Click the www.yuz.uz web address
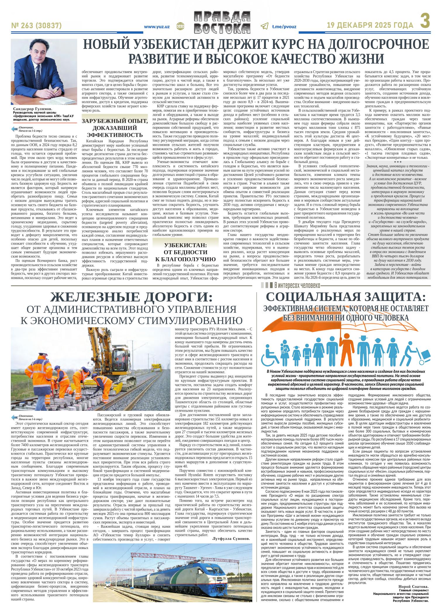pos(157,26)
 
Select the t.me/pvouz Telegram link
pos(284,26)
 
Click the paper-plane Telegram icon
pos(264,26)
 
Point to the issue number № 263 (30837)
pos(36,26)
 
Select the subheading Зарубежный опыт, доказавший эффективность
pos(114,128)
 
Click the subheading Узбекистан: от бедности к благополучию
pos(185,252)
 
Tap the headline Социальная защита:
pos(345,297)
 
